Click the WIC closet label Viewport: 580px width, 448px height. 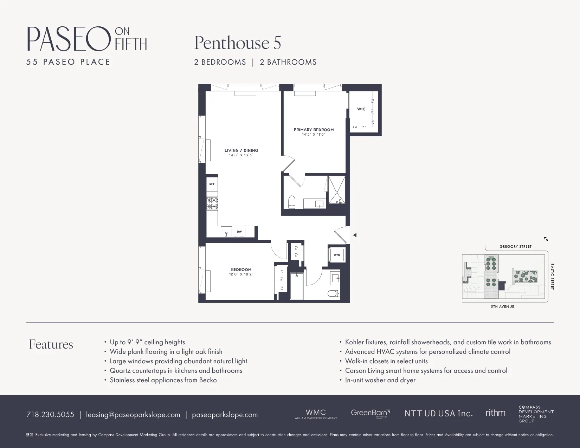(361, 109)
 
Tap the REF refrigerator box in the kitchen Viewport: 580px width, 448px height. (212, 184)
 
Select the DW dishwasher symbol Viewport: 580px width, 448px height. (239, 232)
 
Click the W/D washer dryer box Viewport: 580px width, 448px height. (337, 255)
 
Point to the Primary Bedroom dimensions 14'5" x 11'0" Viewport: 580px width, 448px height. (314, 134)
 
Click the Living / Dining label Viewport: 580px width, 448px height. (241, 150)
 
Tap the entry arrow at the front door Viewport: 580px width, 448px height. (355, 235)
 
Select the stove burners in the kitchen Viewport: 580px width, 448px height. (212, 203)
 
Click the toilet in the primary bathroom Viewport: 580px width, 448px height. (291, 202)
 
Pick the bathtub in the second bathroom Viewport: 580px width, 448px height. (297, 286)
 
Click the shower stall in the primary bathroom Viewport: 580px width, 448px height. (336, 190)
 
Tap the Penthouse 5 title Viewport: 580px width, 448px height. (237, 43)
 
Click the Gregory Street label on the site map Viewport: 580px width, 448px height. (515, 247)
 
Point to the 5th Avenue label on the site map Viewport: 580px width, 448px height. (502, 307)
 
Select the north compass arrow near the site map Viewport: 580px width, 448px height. (546, 239)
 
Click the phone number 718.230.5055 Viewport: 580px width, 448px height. (50, 415)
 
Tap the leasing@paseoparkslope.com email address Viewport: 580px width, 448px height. (133, 415)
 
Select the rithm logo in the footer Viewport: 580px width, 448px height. (495, 413)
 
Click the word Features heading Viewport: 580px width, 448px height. (51, 344)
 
